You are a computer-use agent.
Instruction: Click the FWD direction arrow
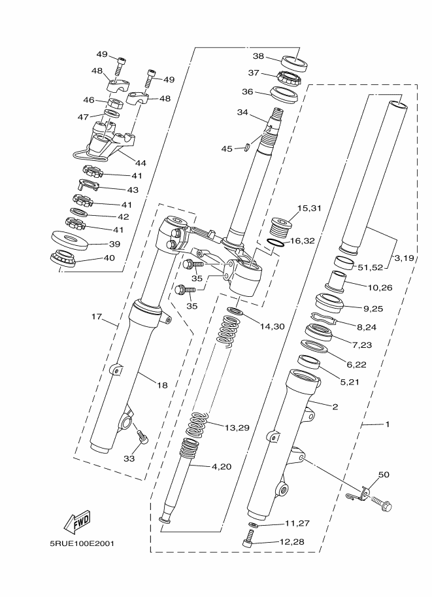77,521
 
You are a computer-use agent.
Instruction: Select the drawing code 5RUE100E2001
82,543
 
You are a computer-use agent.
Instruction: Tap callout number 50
384,475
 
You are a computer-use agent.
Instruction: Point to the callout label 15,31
309,209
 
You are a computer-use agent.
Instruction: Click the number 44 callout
141,163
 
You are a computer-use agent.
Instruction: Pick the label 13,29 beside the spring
237,428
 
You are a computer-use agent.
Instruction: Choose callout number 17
97,316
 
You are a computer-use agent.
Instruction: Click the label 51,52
371,267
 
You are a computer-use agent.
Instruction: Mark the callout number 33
129,459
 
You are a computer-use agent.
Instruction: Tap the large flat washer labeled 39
70,240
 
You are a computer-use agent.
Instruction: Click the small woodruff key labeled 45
246,146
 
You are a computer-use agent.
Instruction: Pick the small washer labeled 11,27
252,526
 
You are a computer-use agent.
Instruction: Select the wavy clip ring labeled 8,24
323,318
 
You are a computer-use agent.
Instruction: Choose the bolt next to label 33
142,436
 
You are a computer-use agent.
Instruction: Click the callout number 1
388,424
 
